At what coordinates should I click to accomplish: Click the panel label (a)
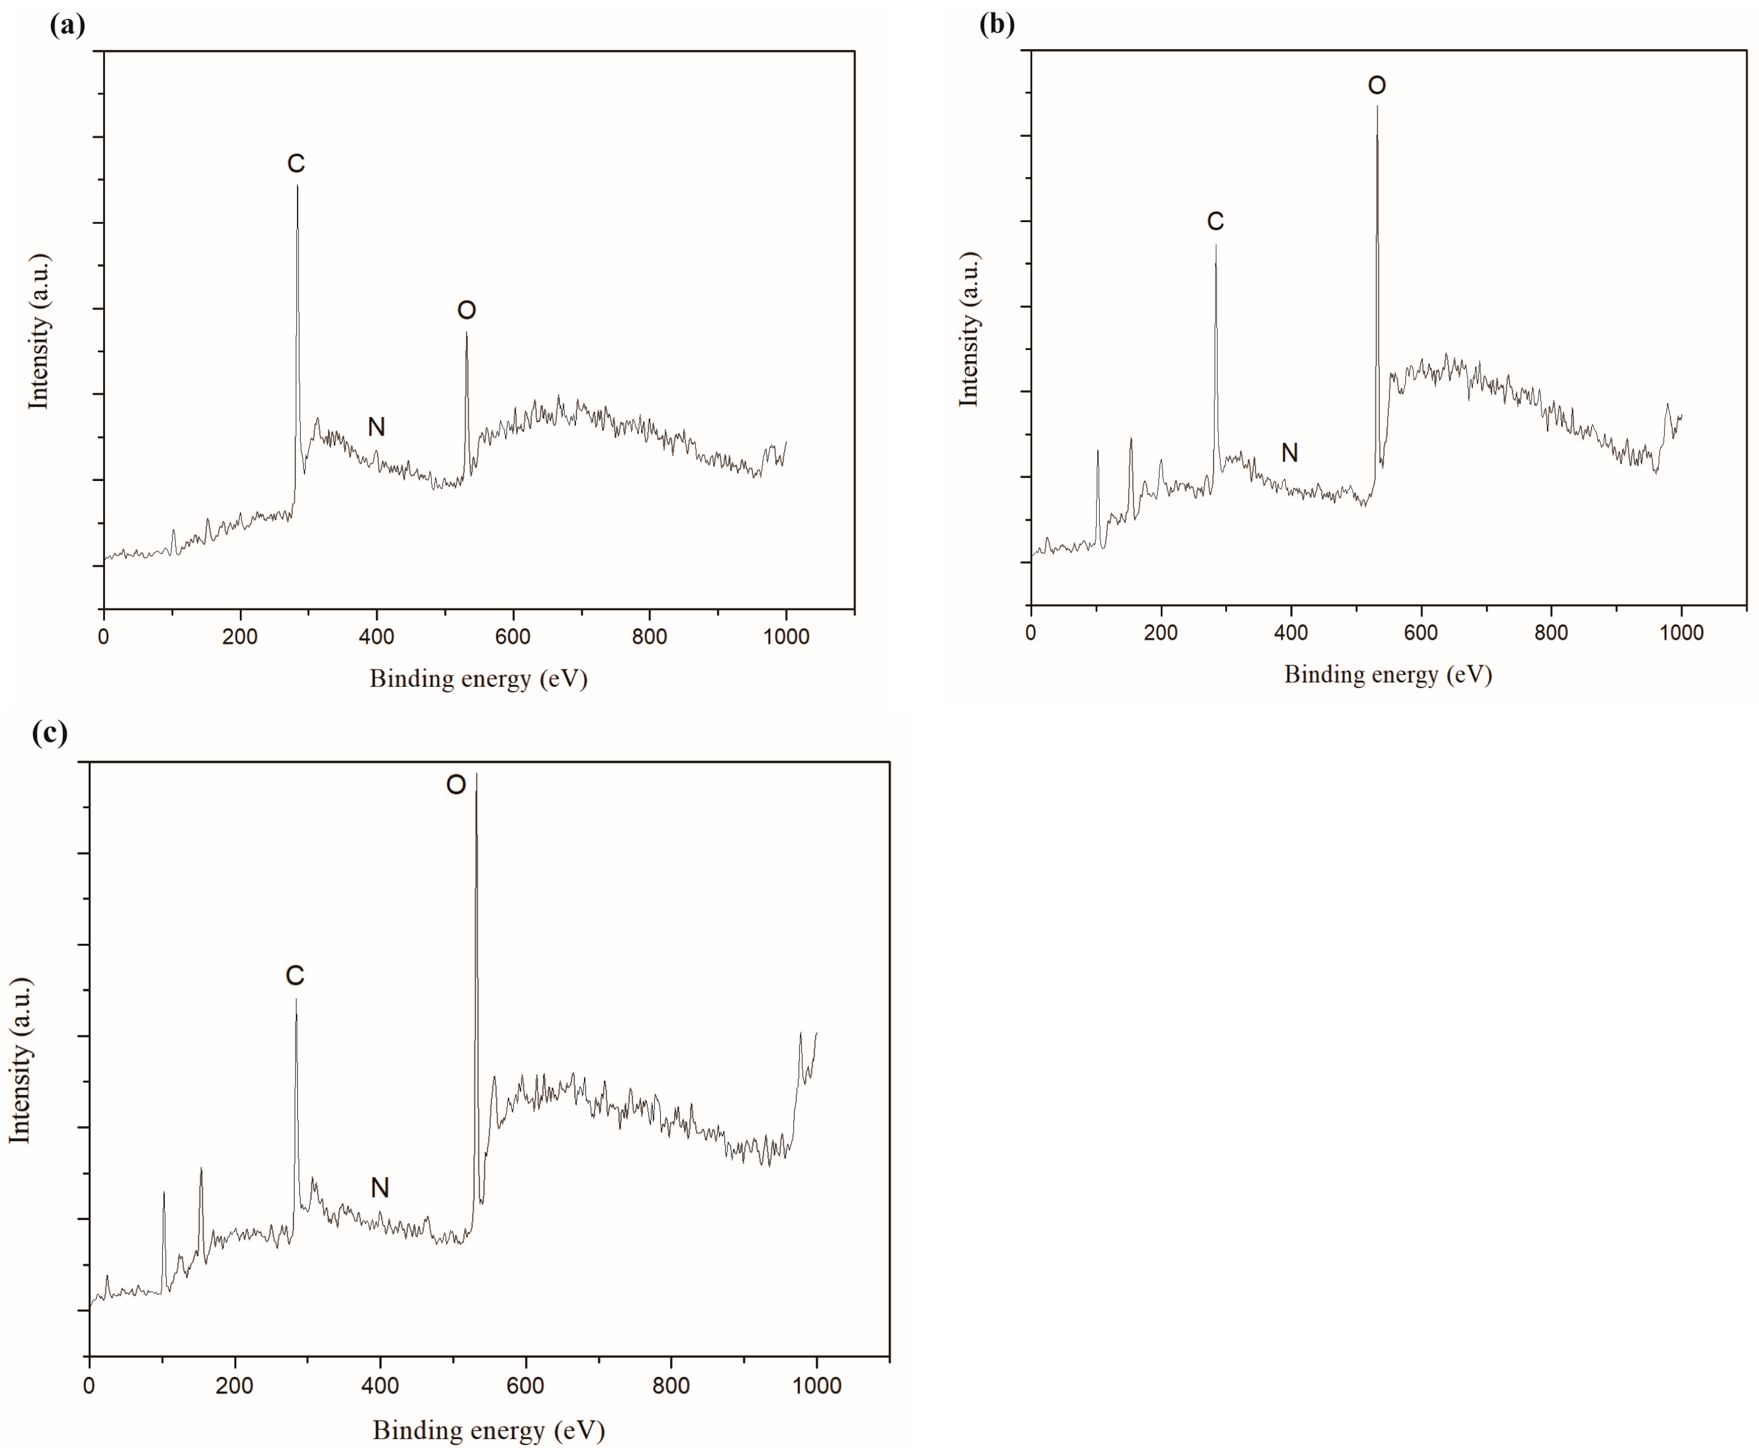coord(67,25)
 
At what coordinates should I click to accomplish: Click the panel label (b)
coord(997,23)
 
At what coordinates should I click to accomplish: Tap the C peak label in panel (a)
coord(296,164)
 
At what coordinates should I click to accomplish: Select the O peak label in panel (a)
coord(467,311)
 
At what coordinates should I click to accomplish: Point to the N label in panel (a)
coord(376,427)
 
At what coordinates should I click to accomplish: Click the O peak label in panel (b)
coord(1376,85)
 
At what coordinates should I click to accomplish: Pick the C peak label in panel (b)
coord(1216,221)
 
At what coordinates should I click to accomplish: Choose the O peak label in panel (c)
coord(456,785)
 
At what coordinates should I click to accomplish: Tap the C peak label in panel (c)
coord(295,976)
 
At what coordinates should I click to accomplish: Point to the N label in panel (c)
coord(379,1188)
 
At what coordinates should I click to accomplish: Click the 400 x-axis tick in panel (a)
coord(376,636)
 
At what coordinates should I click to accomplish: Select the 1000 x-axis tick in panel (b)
coord(1681,633)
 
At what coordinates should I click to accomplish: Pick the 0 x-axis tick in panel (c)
coord(89,1385)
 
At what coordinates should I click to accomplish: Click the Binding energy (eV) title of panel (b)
coord(1388,674)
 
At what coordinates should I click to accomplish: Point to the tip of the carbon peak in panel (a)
coord(297,186)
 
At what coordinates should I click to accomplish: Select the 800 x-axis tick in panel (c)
coord(671,1385)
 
